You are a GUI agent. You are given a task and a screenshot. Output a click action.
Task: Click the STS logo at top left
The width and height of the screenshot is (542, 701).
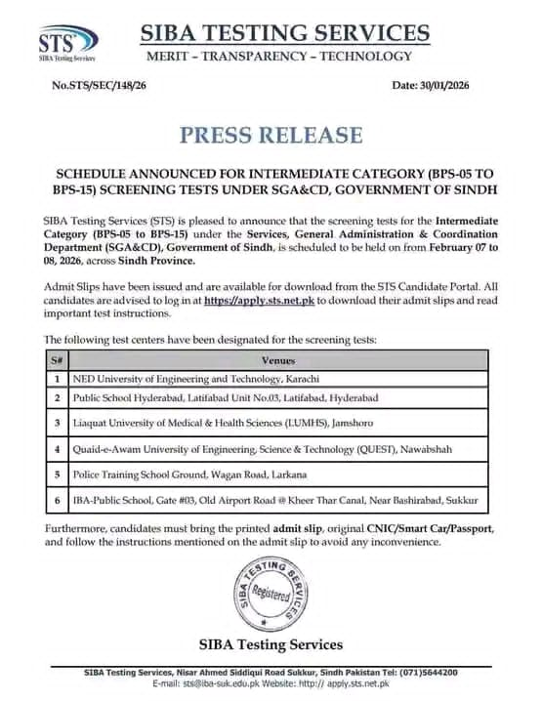pyautogui.click(x=66, y=42)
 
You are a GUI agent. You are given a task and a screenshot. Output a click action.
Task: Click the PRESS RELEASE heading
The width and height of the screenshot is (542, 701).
pyautogui.click(x=271, y=135)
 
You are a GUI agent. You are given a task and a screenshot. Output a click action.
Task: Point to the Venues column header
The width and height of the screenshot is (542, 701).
pyautogui.click(x=279, y=359)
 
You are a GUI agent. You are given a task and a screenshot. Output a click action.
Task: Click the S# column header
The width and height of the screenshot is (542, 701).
pyautogui.click(x=57, y=359)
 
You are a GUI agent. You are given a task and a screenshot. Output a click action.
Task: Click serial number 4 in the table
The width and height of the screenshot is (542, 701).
pyautogui.click(x=58, y=449)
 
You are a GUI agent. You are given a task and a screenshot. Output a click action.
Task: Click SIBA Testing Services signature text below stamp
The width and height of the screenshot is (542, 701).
pyautogui.click(x=271, y=644)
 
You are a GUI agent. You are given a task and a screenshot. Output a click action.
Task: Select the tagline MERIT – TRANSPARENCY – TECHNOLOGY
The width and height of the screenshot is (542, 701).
pyautogui.click(x=278, y=56)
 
